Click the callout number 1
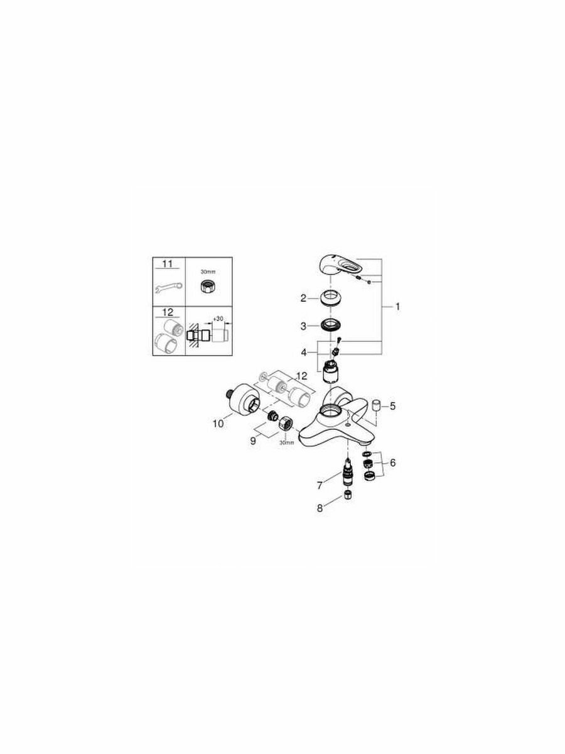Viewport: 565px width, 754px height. [397, 307]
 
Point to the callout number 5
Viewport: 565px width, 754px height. [392, 406]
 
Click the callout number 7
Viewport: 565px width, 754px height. [320, 484]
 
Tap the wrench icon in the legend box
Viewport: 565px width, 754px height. [168, 288]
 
